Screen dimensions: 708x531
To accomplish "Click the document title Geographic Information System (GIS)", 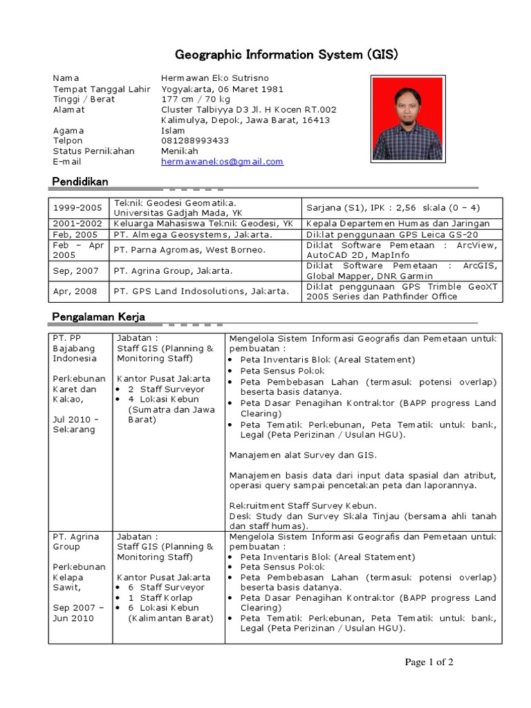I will coord(286,55).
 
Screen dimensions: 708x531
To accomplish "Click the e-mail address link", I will coord(222,161).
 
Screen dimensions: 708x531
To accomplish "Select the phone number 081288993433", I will coord(195,140).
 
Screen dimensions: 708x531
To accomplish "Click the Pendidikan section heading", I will coord(80,181).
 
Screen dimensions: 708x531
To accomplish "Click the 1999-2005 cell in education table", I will coord(77,208).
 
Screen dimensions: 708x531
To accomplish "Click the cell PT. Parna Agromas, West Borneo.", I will coord(189,250).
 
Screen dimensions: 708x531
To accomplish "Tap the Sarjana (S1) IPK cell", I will coord(392,208).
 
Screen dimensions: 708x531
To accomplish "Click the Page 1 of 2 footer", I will coord(429,662).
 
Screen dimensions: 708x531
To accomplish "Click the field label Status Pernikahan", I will coord(93,151).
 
